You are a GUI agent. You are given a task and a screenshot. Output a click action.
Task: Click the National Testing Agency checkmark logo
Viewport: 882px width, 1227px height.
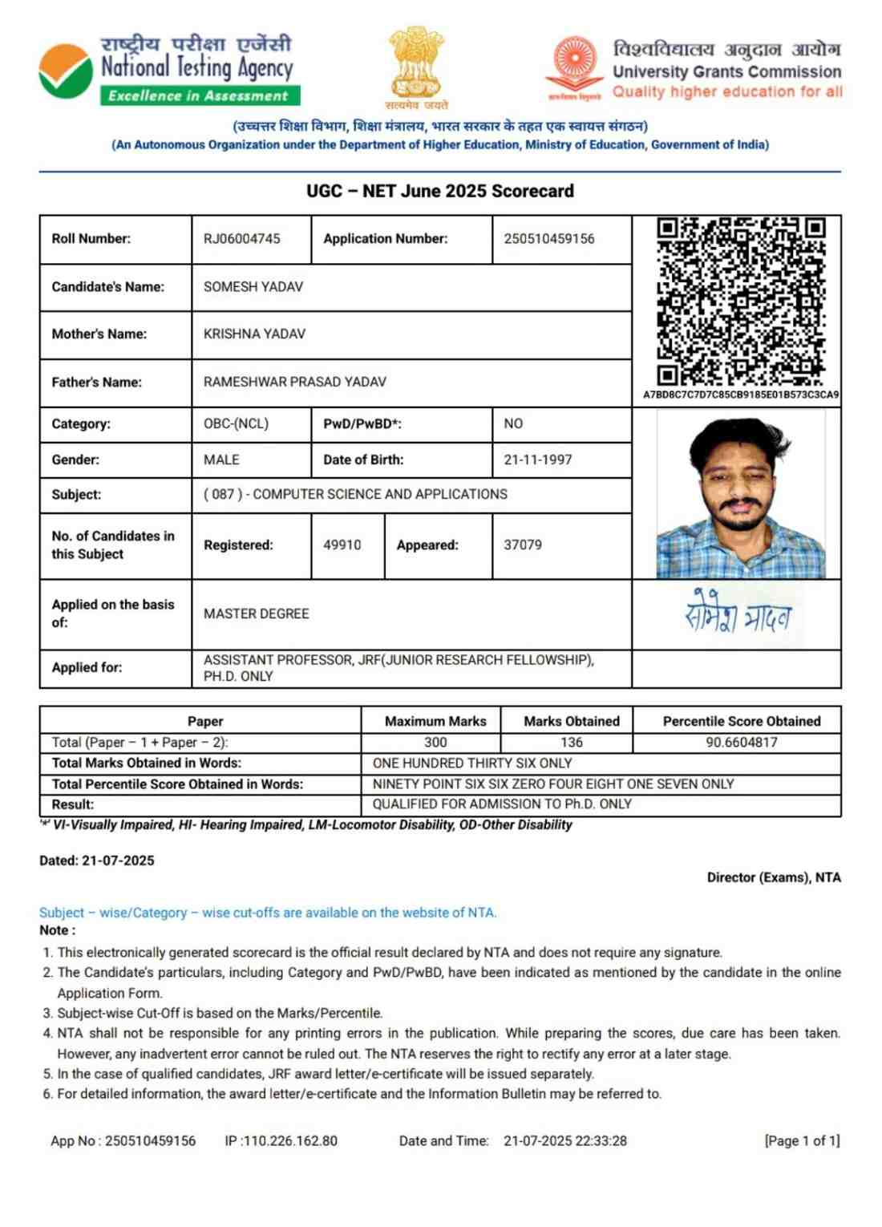point(65,71)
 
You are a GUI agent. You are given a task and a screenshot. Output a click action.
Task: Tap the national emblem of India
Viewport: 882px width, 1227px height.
point(416,64)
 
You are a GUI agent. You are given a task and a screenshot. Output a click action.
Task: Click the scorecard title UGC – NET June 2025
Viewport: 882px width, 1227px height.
point(440,191)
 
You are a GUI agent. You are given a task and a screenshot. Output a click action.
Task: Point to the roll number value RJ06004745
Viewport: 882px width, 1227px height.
point(242,239)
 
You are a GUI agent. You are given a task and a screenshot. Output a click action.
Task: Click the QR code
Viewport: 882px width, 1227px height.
point(741,301)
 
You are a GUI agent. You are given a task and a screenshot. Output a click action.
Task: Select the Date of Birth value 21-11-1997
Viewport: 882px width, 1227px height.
point(538,460)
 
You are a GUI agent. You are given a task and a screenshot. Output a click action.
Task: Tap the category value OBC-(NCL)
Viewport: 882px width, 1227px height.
point(236,423)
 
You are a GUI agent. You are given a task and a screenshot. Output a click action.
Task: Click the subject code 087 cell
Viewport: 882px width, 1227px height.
point(355,494)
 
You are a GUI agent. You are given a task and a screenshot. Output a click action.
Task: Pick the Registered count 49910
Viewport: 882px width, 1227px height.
point(342,545)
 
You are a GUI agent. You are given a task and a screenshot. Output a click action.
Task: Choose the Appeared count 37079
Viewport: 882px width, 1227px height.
point(523,545)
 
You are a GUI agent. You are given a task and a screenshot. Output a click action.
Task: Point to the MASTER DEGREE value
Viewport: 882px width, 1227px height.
point(257,613)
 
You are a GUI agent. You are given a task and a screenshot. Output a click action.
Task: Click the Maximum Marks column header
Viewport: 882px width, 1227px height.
point(435,721)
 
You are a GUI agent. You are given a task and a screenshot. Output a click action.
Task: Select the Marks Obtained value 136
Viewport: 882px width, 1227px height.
point(572,742)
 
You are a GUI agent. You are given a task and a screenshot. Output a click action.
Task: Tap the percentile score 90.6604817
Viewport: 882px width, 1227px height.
point(742,742)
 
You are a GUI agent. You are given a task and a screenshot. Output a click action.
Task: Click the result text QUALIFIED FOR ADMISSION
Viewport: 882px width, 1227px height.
point(502,804)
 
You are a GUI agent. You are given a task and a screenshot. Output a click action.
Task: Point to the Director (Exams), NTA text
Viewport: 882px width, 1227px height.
point(774,877)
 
